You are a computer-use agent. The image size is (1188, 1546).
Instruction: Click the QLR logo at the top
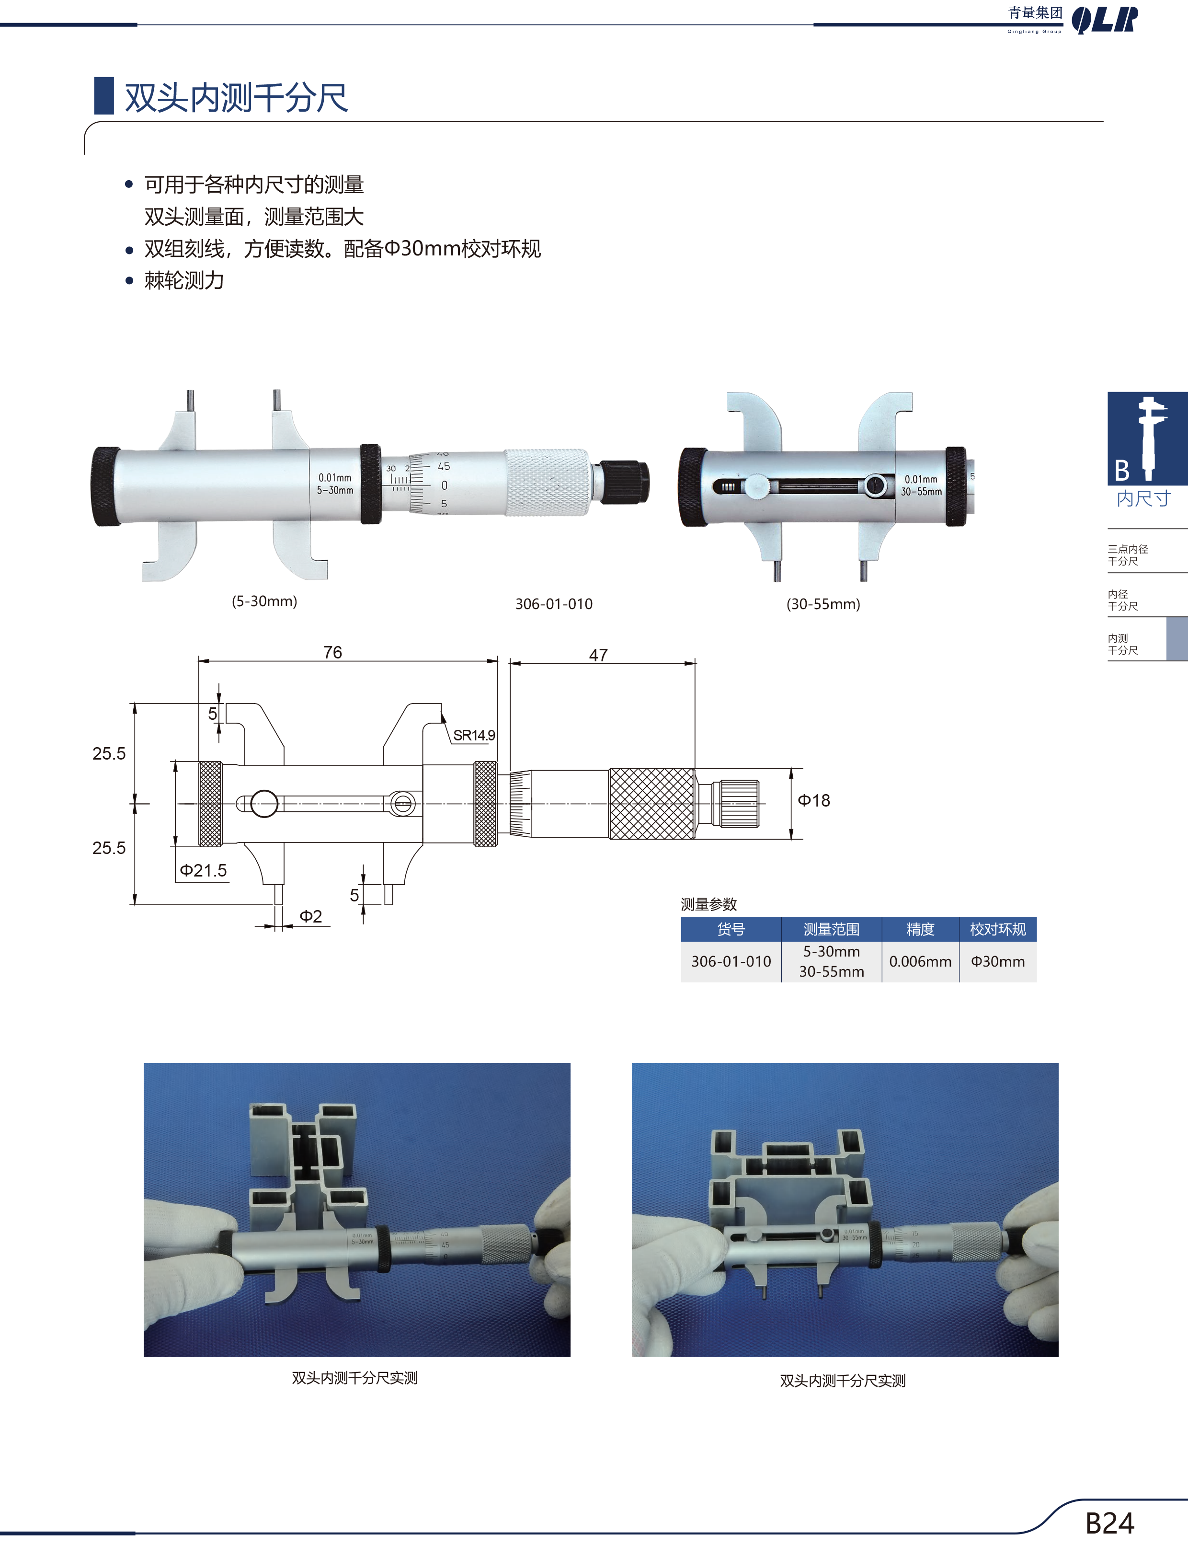point(1105,20)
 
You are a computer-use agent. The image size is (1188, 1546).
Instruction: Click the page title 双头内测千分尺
point(236,98)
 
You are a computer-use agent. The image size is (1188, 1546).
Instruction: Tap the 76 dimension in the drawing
point(332,652)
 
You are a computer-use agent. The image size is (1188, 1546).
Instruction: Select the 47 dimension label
point(598,655)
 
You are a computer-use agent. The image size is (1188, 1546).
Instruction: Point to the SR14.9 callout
point(474,736)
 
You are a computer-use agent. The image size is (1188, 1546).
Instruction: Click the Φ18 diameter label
point(814,801)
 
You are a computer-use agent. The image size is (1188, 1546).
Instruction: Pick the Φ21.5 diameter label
point(203,871)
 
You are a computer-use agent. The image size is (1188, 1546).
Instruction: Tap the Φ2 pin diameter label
point(310,917)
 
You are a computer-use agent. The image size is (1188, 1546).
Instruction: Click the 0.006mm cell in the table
point(920,962)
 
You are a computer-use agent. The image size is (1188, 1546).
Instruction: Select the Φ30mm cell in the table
point(998,962)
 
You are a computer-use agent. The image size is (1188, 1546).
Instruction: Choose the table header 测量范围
point(832,929)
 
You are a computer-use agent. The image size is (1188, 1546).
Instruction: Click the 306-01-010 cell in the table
point(731,962)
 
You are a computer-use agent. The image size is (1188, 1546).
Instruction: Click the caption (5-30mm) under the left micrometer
point(264,601)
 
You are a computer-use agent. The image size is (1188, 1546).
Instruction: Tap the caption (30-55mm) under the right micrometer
point(823,604)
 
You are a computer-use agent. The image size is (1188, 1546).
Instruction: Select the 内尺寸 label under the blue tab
point(1143,498)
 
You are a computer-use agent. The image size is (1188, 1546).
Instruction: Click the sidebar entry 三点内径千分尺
point(1128,555)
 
